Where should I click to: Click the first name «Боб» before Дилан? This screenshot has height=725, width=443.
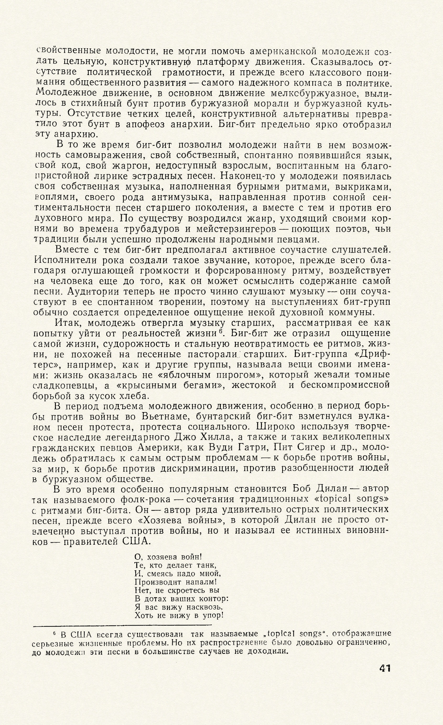click(x=303, y=490)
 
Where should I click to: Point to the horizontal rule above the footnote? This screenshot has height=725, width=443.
click(x=122, y=625)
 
